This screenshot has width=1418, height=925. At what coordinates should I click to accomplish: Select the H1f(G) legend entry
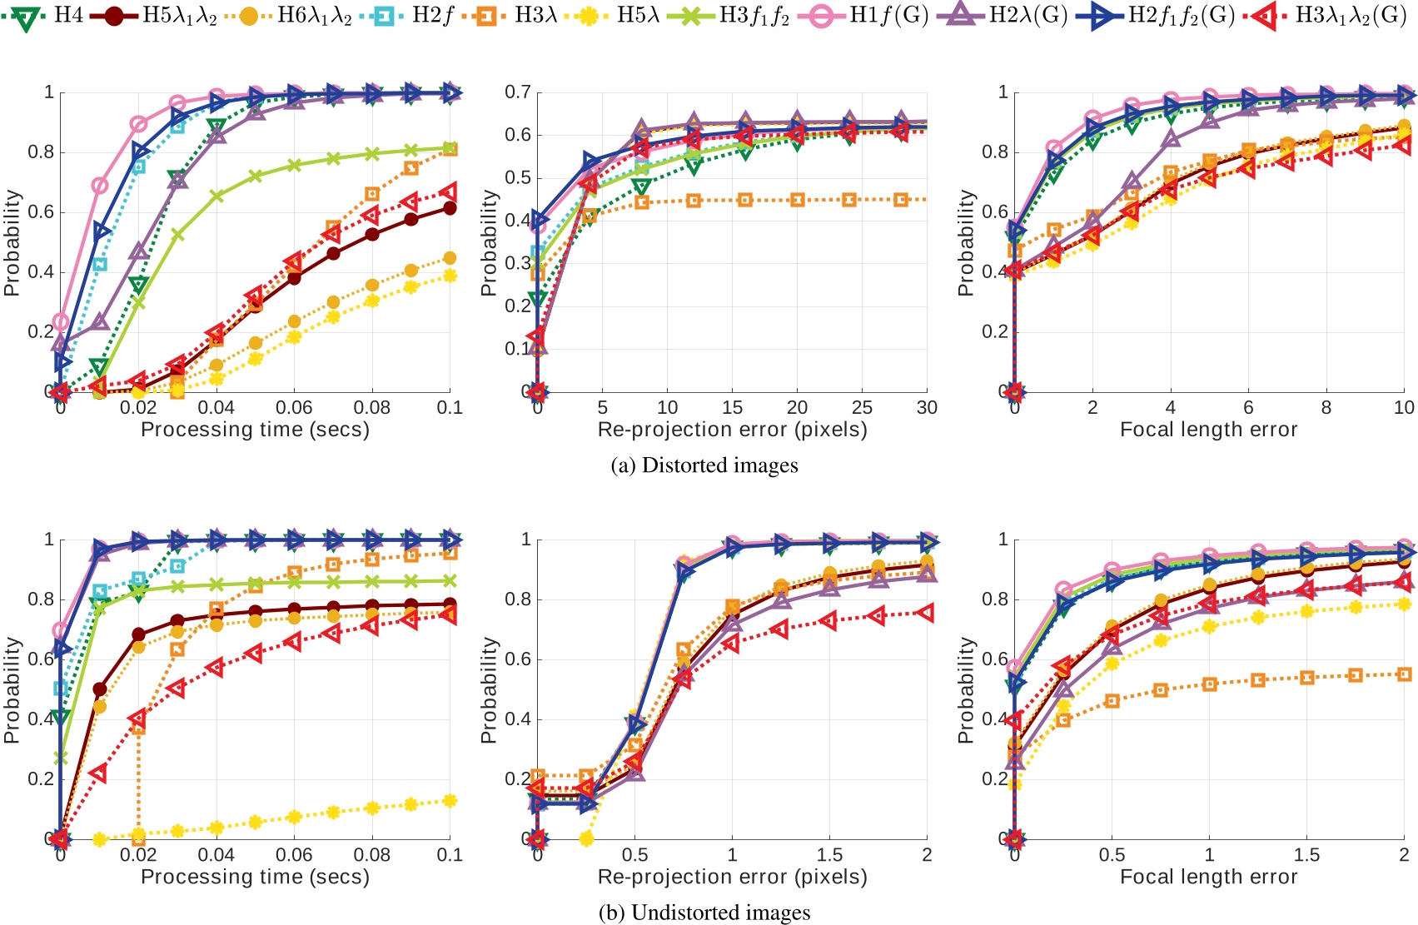pyautogui.click(x=871, y=15)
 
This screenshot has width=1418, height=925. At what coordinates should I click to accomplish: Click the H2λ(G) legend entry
pyautogui.click(x=1008, y=15)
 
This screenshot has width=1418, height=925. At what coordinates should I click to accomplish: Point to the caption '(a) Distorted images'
pyautogui.click(x=704, y=465)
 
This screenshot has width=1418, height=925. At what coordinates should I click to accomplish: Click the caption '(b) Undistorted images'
pyautogui.click(x=704, y=913)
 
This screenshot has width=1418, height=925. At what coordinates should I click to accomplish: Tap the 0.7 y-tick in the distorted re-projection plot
pyautogui.click(x=517, y=92)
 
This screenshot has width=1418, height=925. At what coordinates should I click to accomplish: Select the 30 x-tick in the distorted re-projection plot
pyautogui.click(x=927, y=408)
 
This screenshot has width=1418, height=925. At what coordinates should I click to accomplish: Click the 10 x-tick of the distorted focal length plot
pyautogui.click(x=1404, y=408)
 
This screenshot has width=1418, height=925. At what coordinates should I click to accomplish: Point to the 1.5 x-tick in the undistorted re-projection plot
pyautogui.click(x=829, y=855)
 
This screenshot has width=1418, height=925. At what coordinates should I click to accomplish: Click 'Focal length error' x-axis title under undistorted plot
pyautogui.click(x=1208, y=877)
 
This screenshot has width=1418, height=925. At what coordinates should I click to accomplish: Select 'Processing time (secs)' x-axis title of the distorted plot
pyautogui.click(x=255, y=430)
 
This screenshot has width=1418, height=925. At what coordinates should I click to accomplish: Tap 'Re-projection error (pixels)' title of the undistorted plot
pyautogui.click(x=732, y=877)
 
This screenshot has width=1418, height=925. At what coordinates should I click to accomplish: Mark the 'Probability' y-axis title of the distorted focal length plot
pyautogui.click(x=965, y=242)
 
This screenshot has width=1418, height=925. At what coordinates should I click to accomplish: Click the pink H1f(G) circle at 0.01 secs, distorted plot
pyautogui.click(x=99, y=185)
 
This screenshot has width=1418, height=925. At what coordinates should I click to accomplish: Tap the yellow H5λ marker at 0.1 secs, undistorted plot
pyautogui.click(x=450, y=801)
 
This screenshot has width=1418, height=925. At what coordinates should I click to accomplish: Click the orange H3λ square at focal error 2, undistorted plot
pyautogui.click(x=1404, y=674)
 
